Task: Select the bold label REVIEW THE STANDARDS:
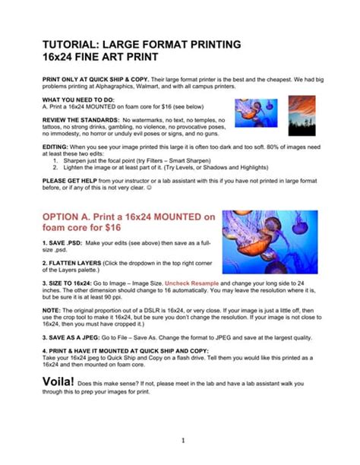tap(80, 120)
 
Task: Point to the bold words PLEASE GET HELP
tap(69, 181)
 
